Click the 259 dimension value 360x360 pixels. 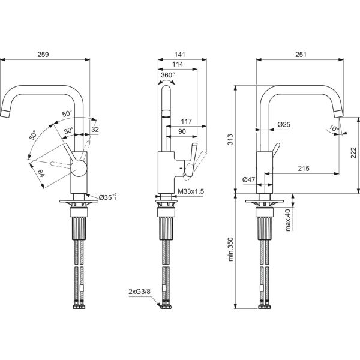coord(43,55)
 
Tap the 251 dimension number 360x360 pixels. coord(301,55)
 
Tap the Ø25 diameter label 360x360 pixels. coord(284,124)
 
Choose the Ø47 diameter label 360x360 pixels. coord(250,179)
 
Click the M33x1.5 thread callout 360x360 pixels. coord(191,191)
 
